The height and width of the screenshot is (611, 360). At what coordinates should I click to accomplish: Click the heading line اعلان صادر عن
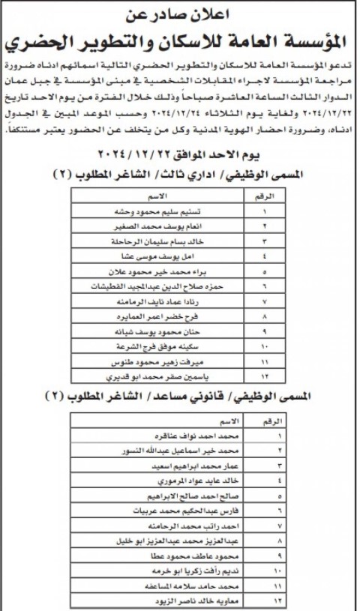click(x=180, y=13)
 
